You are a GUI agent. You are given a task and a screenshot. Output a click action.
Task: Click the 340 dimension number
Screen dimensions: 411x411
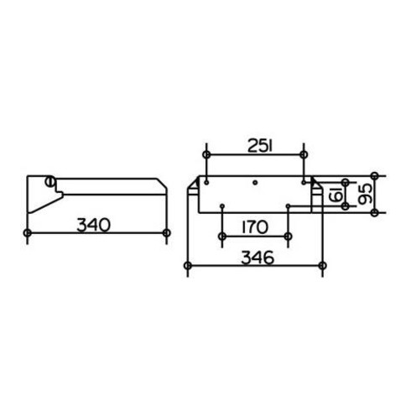pyautogui.click(x=93, y=226)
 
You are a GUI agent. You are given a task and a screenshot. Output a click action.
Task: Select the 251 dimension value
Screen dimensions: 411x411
pyautogui.click(x=260, y=146)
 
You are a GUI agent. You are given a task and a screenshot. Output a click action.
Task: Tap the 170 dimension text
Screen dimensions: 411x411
pyautogui.click(x=255, y=227)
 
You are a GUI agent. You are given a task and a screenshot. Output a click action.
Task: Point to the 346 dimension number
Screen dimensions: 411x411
pyautogui.click(x=258, y=258)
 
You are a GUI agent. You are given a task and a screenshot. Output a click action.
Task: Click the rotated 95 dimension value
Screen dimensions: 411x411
pyautogui.click(x=366, y=194)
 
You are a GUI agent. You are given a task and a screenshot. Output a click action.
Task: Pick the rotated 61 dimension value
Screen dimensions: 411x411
pyautogui.click(x=336, y=195)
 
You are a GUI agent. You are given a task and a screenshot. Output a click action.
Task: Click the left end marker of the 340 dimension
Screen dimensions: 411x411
pyautogui.click(x=28, y=232)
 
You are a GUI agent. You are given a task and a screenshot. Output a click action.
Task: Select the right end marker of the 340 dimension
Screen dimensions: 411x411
pyautogui.click(x=167, y=232)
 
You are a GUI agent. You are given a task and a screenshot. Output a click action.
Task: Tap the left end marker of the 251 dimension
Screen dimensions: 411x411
pyautogui.click(x=206, y=154)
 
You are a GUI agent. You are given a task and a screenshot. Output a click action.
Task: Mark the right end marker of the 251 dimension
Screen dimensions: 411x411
pyautogui.click(x=304, y=154)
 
